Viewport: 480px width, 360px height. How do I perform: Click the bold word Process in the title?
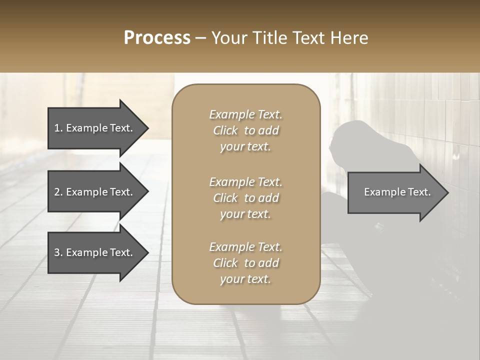pos(157,38)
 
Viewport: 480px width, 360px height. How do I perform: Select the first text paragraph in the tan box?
pos(245,130)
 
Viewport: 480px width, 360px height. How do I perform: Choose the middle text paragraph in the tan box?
pos(245,198)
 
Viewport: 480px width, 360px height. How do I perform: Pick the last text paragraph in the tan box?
pos(245,263)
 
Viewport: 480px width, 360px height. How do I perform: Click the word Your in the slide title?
pos(227,38)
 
